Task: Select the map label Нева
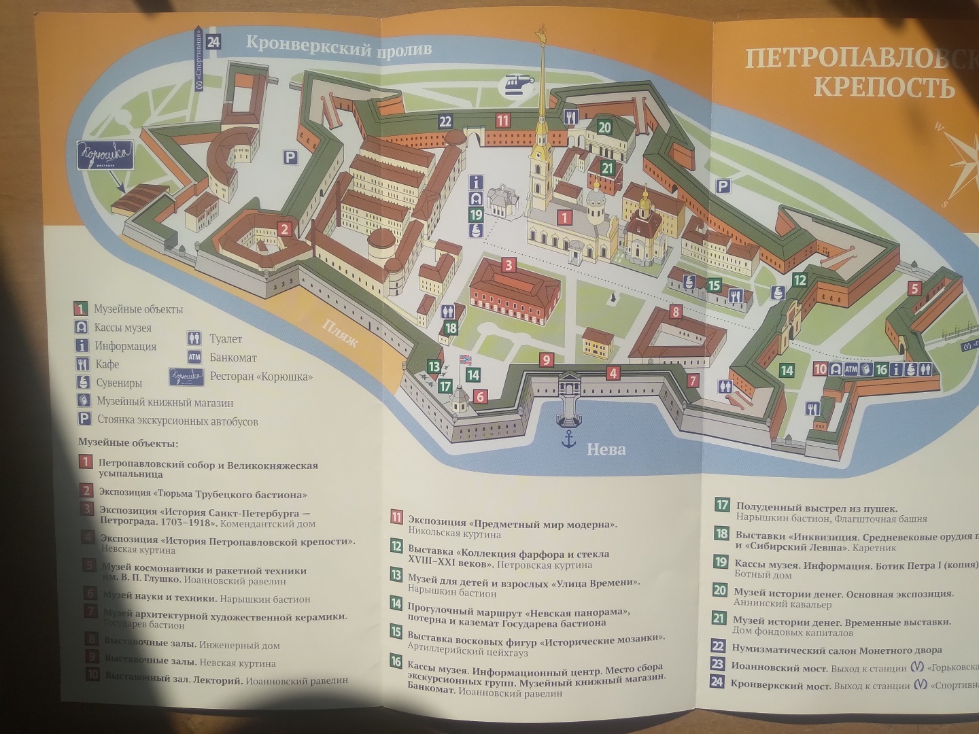606,449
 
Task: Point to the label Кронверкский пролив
338,48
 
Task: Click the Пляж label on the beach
341,333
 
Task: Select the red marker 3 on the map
509,265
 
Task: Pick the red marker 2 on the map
285,229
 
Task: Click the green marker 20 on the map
604,127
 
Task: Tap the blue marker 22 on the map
445,122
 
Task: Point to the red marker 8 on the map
675,312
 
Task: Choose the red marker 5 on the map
914,289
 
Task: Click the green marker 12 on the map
800,279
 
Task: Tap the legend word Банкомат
233,357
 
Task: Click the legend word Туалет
226,339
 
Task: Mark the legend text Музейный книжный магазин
165,402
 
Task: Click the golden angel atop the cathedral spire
542,33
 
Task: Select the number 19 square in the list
721,562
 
